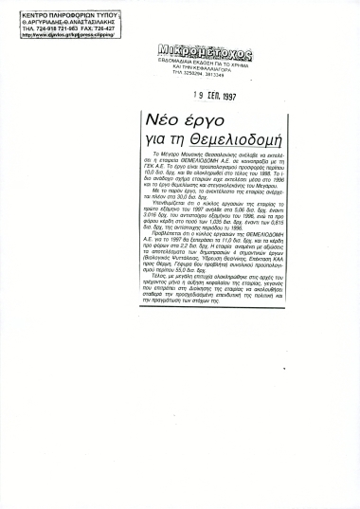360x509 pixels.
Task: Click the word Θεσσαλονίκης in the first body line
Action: pyautogui.click(x=198, y=166)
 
